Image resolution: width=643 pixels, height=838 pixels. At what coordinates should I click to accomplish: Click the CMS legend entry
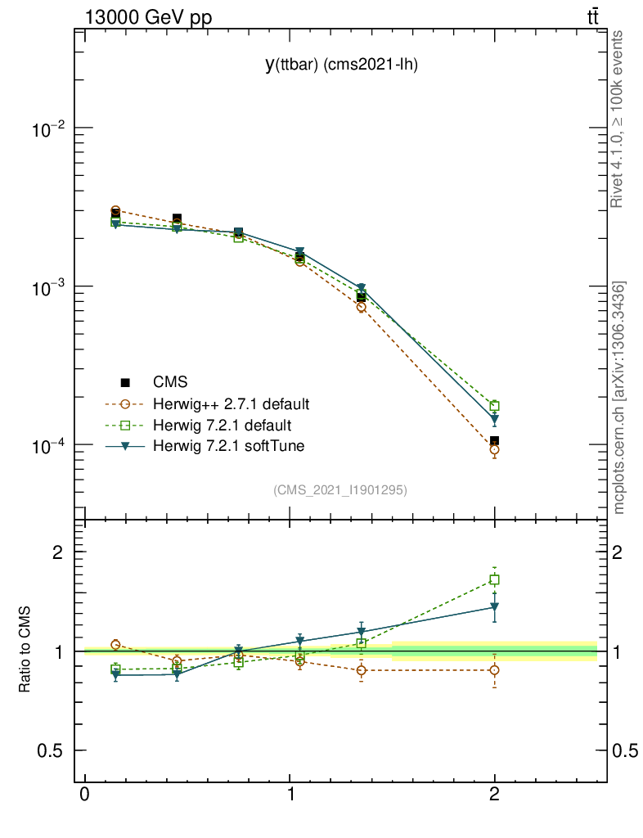(170, 381)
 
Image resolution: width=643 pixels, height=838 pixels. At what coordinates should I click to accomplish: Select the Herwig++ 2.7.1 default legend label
(231, 404)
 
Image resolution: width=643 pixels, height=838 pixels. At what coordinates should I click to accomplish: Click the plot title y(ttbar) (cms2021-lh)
(341, 66)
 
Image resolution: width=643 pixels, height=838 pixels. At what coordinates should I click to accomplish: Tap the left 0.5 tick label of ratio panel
(52, 751)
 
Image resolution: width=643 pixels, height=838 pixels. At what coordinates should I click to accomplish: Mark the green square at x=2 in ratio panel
(495, 579)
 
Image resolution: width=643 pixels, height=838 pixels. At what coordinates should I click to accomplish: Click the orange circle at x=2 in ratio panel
(495, 670)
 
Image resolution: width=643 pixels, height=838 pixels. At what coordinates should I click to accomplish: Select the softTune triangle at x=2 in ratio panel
(495, 607)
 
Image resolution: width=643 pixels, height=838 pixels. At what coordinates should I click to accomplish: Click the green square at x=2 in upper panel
(495, 406)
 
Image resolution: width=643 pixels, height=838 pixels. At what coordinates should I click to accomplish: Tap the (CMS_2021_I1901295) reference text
(340, 489)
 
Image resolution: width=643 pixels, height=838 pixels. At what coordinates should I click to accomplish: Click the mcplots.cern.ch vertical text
(619, 398)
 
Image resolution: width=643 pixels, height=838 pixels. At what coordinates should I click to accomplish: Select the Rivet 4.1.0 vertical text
(619, 119)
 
